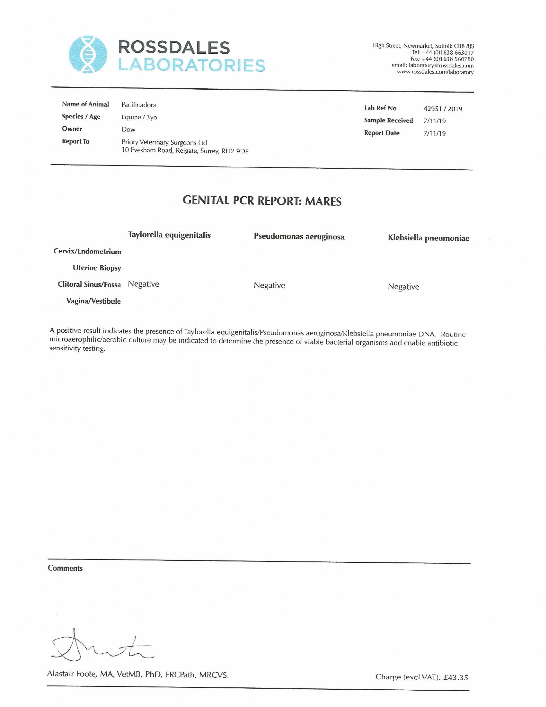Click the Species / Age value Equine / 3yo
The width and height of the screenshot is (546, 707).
139,117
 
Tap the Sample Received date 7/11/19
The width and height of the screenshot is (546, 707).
434,121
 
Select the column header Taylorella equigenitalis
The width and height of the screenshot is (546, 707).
169,235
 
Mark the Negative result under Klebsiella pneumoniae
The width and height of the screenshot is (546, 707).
403,287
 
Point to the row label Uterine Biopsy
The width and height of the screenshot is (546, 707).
97,268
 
